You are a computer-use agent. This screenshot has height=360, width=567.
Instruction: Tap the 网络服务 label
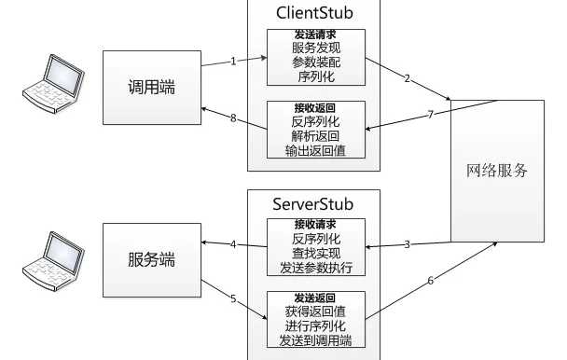(x=497, y=171)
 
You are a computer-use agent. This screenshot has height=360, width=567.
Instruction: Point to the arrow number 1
(x=232, y=61)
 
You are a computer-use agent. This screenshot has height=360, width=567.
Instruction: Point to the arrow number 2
(x=407, y=77)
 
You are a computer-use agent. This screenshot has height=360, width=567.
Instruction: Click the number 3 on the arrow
(x=407, y=244)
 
